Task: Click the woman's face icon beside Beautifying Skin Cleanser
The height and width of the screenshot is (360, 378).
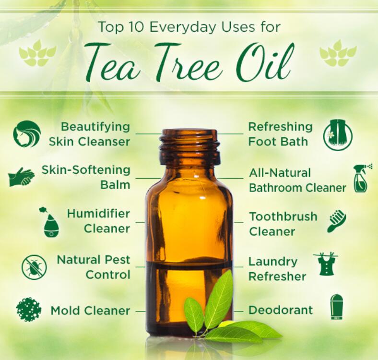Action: pos(27,134)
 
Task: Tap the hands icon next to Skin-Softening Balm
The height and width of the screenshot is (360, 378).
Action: pos(21,177)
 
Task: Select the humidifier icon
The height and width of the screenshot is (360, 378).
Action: pos(50,221)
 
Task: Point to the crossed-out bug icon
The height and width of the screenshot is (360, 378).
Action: pos(34,267)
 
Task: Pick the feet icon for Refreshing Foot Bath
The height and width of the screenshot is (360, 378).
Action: pos(338,134)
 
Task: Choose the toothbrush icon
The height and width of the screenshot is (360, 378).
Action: pos(337,221)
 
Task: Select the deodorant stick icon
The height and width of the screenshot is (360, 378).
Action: pos(336,307)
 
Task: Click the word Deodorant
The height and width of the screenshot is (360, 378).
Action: pos(280,310)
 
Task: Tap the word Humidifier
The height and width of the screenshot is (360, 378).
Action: pos(98,214)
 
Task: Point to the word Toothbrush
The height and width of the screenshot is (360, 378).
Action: pos(283,216)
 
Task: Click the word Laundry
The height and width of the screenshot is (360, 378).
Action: pos(273,262)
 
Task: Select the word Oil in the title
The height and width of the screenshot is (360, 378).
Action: pos(265,62)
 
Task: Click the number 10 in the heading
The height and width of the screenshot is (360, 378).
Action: pos(135,27)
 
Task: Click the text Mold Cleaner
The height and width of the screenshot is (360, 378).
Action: pos(90,311)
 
